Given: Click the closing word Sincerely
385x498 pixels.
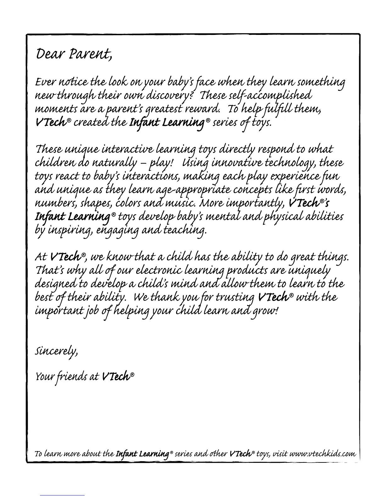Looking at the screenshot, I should [x=56, y=350].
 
